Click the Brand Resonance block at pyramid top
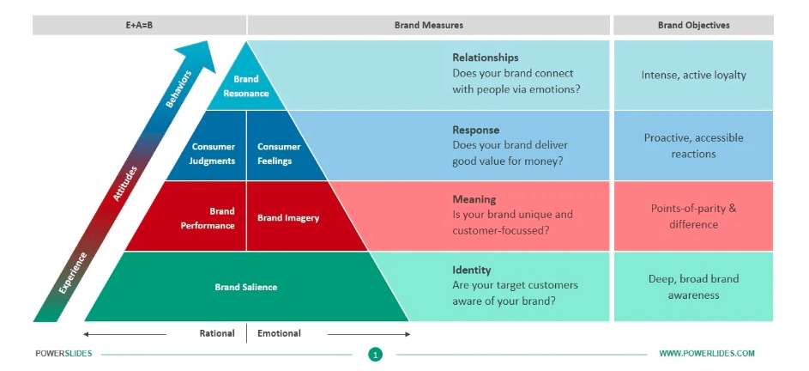pyautogui.click(x=246, y=86)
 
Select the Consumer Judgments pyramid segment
pyautogui.click(x=213, y=153)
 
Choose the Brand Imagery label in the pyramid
pyautogui.click(x=288, y=218)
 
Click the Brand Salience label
pyautogui.click(x=246, y=287)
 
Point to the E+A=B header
pyautogui.click(x=139, y=26)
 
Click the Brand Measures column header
pyautogui.click(x=429, y=26)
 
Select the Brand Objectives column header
pyautogui.click(x=693, y=26)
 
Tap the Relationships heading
pyautogui.click(x=486, y=58)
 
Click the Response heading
pyautogui.click(x=476, y=130)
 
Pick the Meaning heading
pyautogui.click(x=474, y=199)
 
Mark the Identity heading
pyautogui.click(x=472, y=270)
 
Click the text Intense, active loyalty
pyautogui.click(x=693, y=75)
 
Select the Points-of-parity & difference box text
pyautogui.click(x=693, y=216)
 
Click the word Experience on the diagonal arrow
pyautogui.click(x=73, y=273)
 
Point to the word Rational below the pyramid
pyautogui.click(x=217, y=333)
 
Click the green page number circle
pyautogui.click(x=375, y=353)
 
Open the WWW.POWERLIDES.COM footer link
pyautogui.click(x=707, y=353)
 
